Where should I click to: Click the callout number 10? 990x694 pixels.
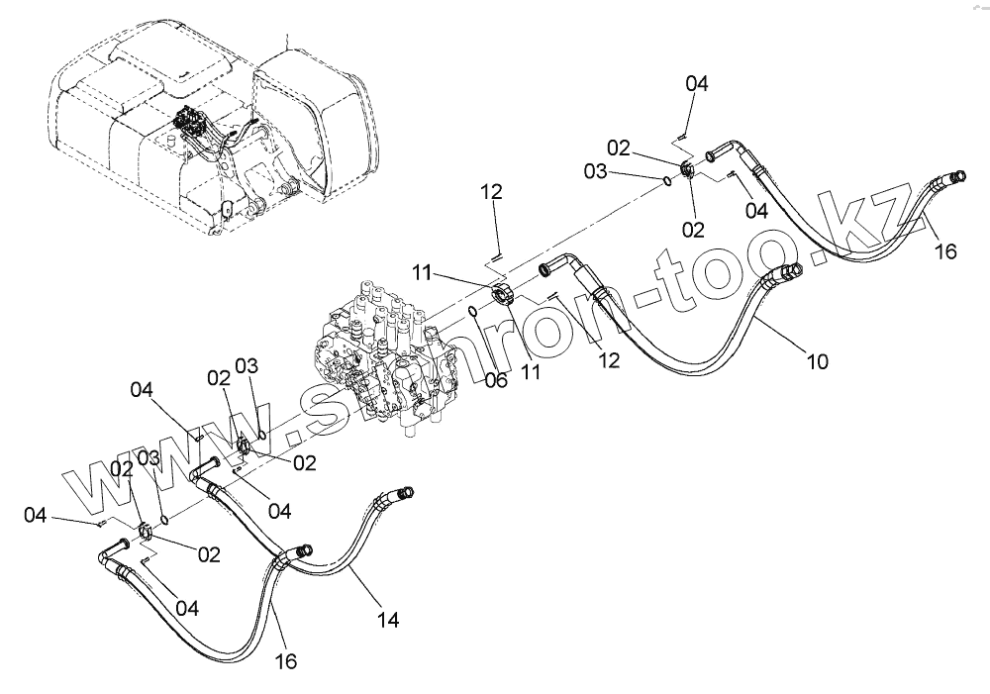[x=818, y=361]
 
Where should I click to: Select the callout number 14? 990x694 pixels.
[x=388, y=621]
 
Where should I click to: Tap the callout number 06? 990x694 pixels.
[x=496, y=380]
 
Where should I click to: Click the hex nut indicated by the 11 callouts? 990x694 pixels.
[x=502, y=294]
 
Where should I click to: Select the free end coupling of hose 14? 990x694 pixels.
[x=405, y=492]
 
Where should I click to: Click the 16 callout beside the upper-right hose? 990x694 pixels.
[x=945, y=251]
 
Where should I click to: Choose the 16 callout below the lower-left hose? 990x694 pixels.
[x=285, y=660]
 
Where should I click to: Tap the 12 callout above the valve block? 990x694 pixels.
[x=493, y=192]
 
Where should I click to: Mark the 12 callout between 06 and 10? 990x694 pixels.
[x=609, y=360]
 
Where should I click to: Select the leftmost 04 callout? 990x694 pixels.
[x=36, y=515]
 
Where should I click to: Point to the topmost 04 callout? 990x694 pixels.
[x=697, y=84]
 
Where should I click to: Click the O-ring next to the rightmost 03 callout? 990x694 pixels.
[x=670, y=180]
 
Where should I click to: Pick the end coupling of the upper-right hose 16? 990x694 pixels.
[x=956, y=177]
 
